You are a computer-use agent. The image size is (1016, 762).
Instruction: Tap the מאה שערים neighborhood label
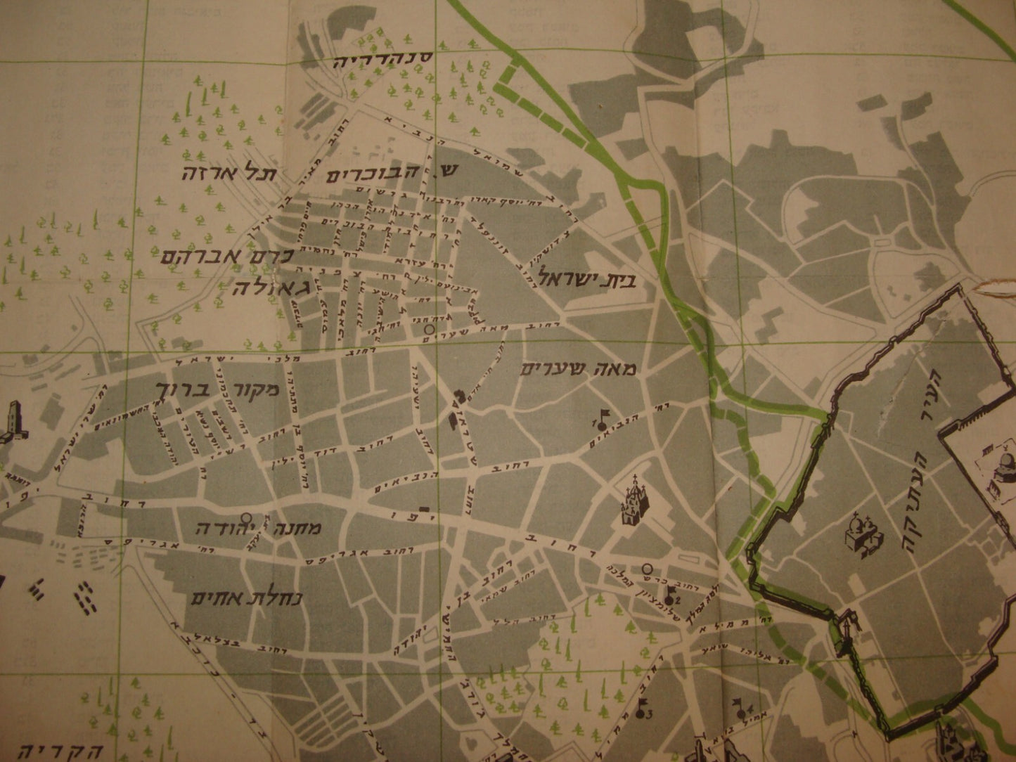[582, 370]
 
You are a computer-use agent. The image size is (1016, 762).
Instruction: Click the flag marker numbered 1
[600, 419]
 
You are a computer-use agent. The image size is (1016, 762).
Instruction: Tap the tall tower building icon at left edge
[12, 422]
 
